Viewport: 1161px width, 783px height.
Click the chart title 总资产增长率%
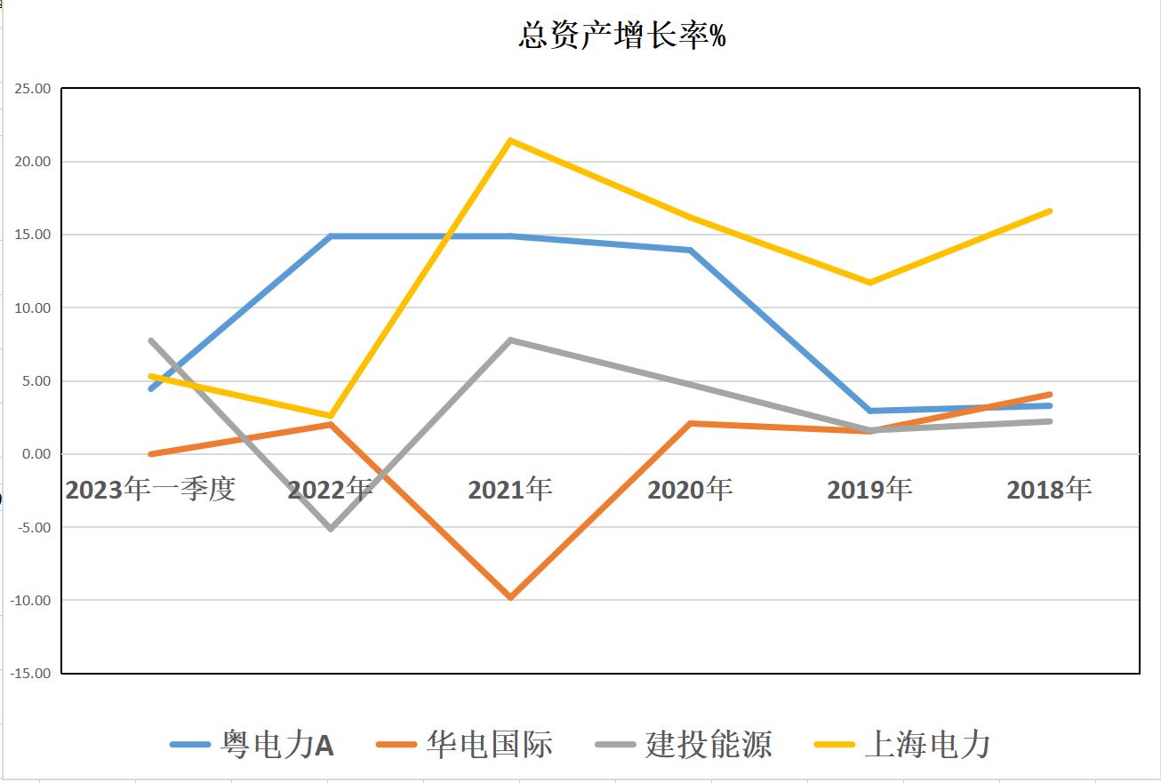coord(621,36)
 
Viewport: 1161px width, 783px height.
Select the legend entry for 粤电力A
coord(252,745)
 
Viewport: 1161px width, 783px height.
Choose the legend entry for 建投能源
coord(684,745)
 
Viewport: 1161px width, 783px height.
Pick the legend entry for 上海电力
coord(902,745)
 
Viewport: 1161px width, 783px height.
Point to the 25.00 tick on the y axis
coord(32,89)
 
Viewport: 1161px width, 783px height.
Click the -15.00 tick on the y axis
coord(30,673)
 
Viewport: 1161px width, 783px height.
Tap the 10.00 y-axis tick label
coord(32,308)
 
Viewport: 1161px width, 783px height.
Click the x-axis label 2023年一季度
coord(150,490)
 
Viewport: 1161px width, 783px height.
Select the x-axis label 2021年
coord(510,490)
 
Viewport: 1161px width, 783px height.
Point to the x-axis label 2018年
coord(1049,490)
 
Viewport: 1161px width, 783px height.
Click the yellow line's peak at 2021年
coord(510,140)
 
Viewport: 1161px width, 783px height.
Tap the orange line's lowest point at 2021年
coord(510,597)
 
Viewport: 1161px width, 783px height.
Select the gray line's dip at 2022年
coord(331,529)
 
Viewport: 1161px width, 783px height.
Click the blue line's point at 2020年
coord(690,250)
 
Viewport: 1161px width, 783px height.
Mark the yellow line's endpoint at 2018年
coord(1050,211)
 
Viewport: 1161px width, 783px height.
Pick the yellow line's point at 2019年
coord(869,283)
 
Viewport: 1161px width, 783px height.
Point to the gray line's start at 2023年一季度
coord(150,340)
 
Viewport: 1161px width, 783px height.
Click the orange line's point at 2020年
coord(690,423)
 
